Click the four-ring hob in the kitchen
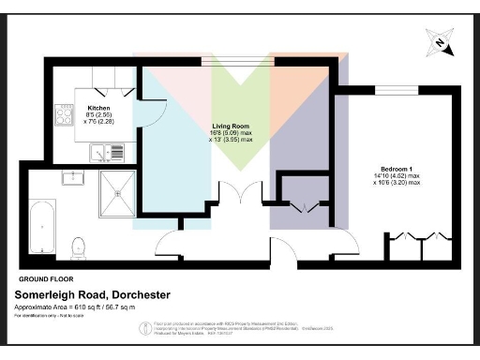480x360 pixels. [x=66, y=114]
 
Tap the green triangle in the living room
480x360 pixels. [x=241, y=112]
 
